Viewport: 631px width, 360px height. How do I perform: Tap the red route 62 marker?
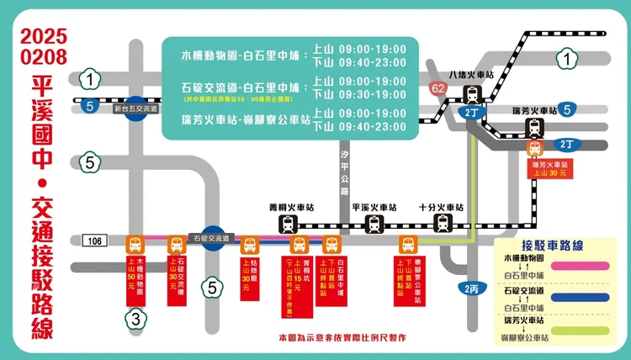(x=437, y=88)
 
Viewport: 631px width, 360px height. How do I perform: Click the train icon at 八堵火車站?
(x=471, y=93)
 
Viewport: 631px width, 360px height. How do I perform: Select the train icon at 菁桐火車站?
(x=289, y=224)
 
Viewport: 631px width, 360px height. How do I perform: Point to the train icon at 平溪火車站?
(x=374, y=224)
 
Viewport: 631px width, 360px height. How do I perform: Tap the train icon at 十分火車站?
(x=443, y=224)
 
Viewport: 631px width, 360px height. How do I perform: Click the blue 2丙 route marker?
(x=472, y=288)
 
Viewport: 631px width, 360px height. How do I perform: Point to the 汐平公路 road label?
(x=344, y=172)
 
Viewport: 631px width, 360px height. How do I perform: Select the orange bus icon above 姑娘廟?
(x=250, y=246)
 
